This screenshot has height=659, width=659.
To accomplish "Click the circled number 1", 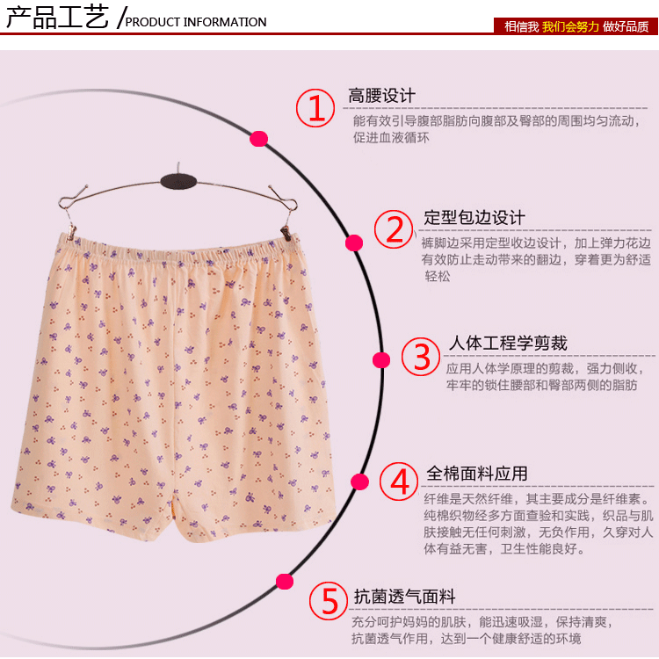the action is coord(315,107).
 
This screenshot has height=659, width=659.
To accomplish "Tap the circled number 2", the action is coord(394,229).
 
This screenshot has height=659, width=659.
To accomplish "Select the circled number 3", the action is coord(421,357).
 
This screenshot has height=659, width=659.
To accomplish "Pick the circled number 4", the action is coord(399,482).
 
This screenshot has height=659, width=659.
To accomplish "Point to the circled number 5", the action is coord(329,601).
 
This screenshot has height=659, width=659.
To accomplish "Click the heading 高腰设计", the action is coord(381,96).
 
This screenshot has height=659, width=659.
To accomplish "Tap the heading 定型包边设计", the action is coord(474,217).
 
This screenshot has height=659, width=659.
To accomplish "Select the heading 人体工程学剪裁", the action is coord(508,343).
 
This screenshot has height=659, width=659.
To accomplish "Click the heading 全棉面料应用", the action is coord(477,474).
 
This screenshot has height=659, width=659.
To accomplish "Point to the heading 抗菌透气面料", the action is coord(404,596).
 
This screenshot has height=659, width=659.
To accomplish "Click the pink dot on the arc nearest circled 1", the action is coord(259,139).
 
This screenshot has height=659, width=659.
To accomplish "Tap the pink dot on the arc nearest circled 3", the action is coord(381,360).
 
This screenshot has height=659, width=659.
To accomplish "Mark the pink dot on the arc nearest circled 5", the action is coord(285,582).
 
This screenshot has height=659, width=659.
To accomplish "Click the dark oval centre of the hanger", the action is coord(178,182).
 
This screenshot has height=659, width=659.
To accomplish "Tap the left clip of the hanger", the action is coord(71,232).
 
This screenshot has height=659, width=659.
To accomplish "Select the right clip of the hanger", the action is coord(286,233).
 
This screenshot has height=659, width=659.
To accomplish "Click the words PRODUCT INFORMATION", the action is coord(196,22).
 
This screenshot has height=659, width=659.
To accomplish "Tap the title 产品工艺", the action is coord(57,18).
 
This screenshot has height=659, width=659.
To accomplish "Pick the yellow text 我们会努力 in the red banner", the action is coord(570,26).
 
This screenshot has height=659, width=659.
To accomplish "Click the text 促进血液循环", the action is coord(391,137).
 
